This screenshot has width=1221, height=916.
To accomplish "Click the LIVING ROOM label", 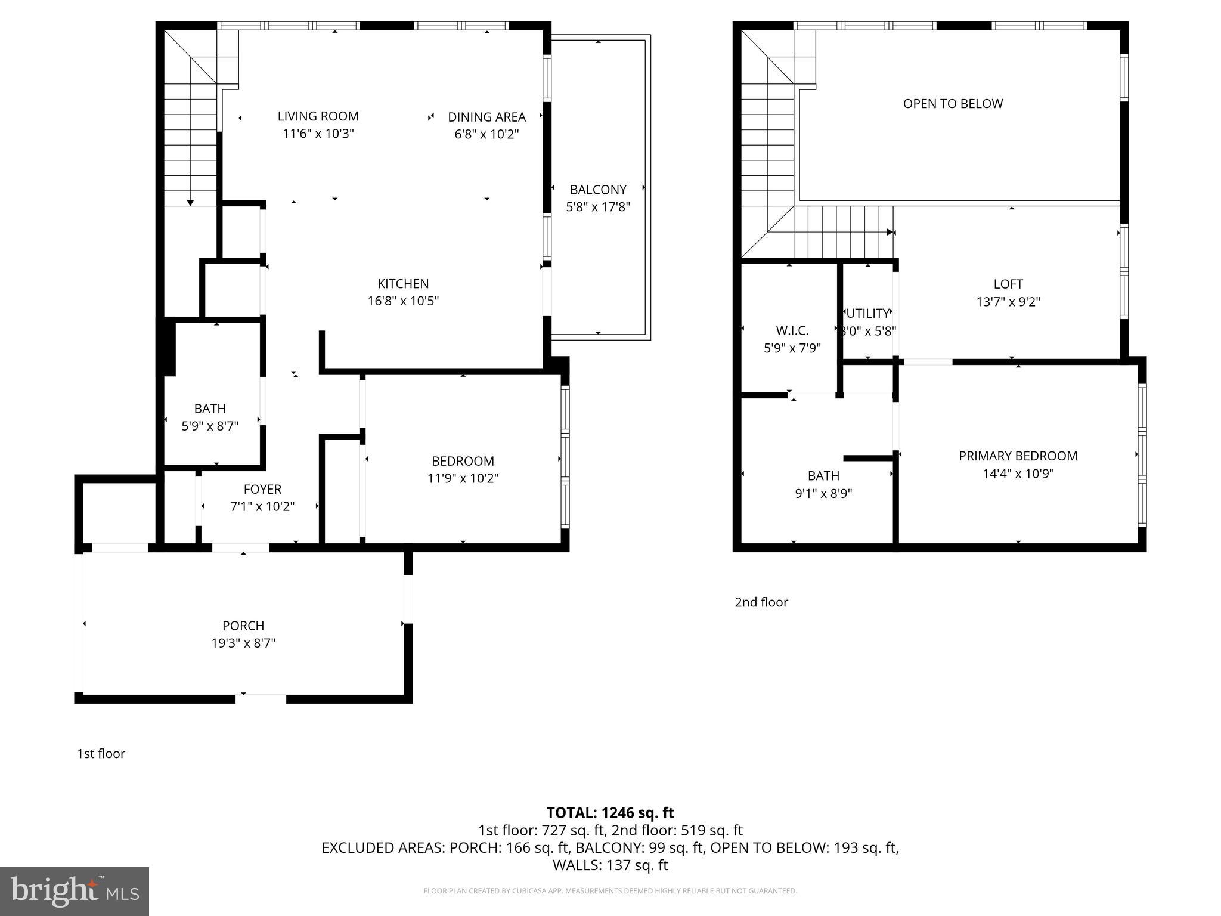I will pos(318,116).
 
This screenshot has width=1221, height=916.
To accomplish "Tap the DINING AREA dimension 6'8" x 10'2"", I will pos(486,134).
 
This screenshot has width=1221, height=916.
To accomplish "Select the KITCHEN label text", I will pos(403,284).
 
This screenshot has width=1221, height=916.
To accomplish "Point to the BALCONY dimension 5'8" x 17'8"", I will pos(597,207).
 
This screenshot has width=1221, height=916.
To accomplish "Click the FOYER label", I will pos(262,489).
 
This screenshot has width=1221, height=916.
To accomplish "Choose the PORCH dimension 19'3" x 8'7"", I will pos(243,643).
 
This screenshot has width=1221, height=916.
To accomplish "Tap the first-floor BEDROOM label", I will pos(463,461).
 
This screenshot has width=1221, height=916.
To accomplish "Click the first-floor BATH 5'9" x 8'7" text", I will pos(210,426).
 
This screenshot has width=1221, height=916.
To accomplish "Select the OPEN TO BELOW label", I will pos(953,104).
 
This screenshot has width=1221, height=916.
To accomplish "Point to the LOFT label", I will pos(1008,284).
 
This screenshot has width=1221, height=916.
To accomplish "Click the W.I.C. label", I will pos(792,330).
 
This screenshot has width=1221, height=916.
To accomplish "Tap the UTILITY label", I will pos(867,314).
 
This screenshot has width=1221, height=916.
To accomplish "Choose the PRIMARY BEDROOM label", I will pos(1018,456).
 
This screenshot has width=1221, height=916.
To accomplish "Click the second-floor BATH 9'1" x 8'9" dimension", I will pos(823,494).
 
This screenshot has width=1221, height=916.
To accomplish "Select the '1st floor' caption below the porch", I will pos(101,754).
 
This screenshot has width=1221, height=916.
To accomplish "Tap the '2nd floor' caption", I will pos(761,602).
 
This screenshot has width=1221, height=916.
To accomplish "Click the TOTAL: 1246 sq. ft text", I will pos(610,813).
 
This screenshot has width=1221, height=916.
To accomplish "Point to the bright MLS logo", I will pos(75,891).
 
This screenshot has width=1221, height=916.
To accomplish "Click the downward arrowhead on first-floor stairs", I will pos(190,203).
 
